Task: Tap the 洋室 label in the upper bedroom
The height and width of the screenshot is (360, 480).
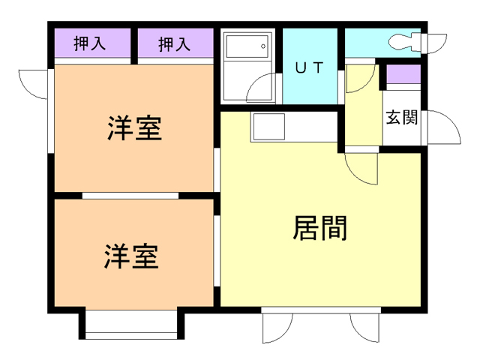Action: tap(134, 128)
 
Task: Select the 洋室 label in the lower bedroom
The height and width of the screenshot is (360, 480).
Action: tap(131, 256)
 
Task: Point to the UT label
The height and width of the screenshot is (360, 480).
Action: tap(309, 68)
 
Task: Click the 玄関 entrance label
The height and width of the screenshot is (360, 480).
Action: tap(402, 118)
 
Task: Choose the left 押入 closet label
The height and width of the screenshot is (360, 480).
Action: tap(90, 45)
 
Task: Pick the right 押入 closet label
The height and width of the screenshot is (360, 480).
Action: tap(174, 45)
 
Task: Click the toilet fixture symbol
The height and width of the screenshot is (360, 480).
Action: tap(409, 41)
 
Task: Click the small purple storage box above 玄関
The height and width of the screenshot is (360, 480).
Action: tap(402, 76)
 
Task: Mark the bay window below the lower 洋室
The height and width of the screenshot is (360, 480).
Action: tap(131, 324)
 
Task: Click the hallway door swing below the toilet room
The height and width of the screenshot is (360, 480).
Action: tap(361, 79)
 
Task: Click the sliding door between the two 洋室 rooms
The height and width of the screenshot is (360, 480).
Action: tap(131, 196)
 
